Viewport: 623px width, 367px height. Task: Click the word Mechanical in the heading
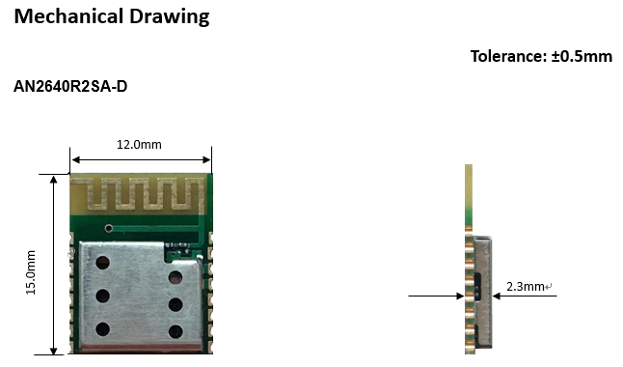point(68,16)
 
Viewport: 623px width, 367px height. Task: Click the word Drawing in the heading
point(170,17)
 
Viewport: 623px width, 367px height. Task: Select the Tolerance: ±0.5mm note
point(541,56)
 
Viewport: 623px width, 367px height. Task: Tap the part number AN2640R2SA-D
point(70,86)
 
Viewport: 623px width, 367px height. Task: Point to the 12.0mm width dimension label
point(139,145)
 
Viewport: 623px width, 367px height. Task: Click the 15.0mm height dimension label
point(31,272)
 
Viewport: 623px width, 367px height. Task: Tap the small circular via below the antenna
point(108,228)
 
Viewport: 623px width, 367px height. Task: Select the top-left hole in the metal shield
point(103,263)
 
